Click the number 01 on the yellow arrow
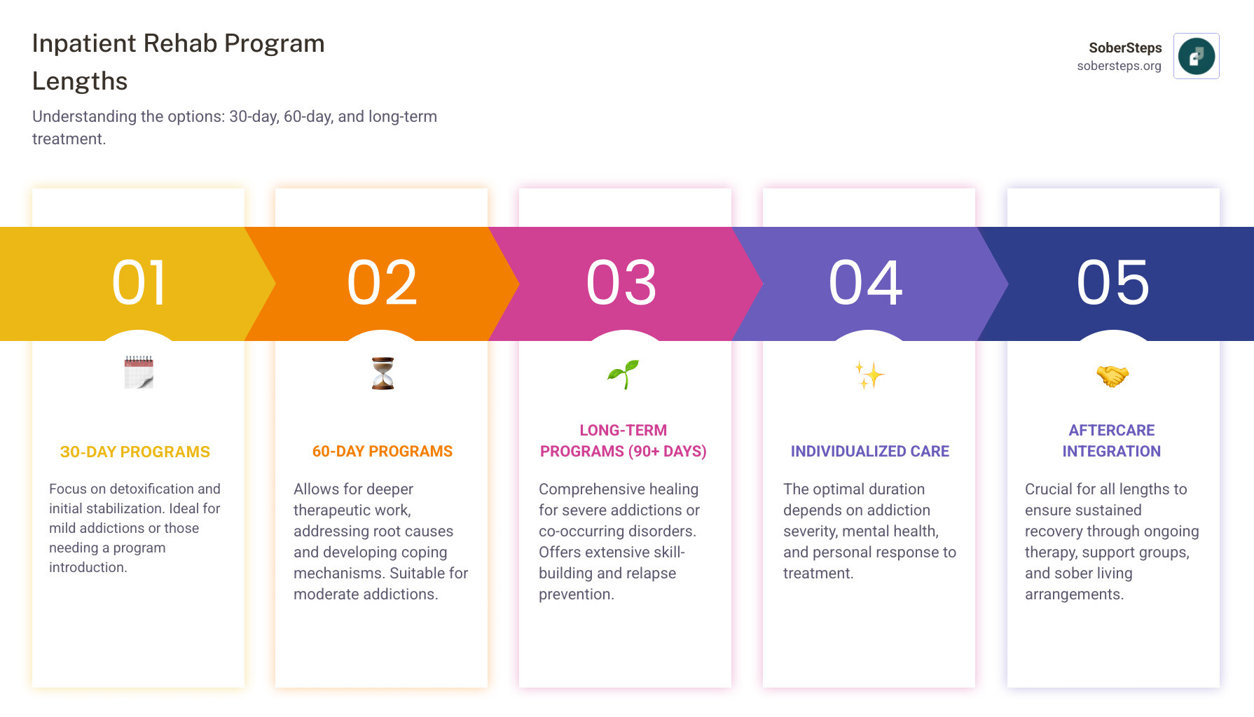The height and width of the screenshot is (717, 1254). pos(139,283)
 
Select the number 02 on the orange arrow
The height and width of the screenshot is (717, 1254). pos(382,283)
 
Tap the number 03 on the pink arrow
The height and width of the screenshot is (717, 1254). pos(621,283)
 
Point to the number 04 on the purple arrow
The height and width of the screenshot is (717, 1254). pos(866,283)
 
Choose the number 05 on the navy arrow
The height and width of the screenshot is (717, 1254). pos(1112,283)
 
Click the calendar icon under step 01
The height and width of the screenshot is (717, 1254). pos(139,373)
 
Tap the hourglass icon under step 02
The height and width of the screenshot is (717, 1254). pos(383,373)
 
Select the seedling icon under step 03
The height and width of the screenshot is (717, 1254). pos(623,374)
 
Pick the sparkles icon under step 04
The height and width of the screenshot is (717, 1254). pos(869,375)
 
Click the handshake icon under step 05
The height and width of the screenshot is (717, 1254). pos(1112,376)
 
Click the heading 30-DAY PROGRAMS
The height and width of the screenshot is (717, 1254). pos(135,452)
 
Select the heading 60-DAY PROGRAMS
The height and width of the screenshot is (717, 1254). pos(383,452)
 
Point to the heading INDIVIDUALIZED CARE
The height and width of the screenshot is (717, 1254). pos(869,452)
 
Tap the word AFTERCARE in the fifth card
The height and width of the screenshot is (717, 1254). pos(1111,431)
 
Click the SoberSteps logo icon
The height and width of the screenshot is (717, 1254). pos(1196,56)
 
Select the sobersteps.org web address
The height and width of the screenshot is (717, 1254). pos(1119,67)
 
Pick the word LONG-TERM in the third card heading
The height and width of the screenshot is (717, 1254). pos(623,431)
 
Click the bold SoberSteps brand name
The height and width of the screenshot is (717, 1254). pos(1125,48)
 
